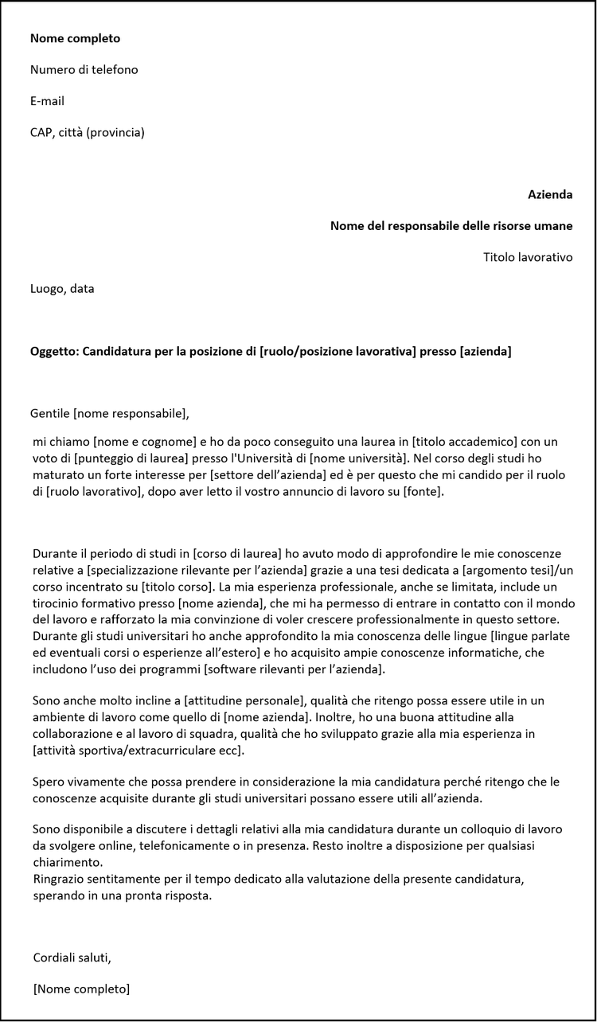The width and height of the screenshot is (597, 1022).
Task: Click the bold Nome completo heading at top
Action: [x=75, y=38]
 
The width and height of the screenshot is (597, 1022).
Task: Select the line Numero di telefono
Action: [x=84, y=70]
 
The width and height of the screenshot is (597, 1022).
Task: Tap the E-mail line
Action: [x=47, y=101]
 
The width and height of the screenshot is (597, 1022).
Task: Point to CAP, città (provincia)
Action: [x=87, y=133]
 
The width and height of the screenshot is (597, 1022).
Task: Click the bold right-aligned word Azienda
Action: [x=550, y=195]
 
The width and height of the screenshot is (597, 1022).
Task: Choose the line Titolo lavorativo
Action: [x=528, y=257]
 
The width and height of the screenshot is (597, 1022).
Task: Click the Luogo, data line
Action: [x=62, y=289]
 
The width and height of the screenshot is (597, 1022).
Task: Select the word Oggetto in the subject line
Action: [x=53, y=351]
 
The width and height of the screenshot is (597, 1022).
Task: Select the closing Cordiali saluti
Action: [x=72, y=957]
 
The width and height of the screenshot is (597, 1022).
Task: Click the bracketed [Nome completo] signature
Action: [x=81, y=989]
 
